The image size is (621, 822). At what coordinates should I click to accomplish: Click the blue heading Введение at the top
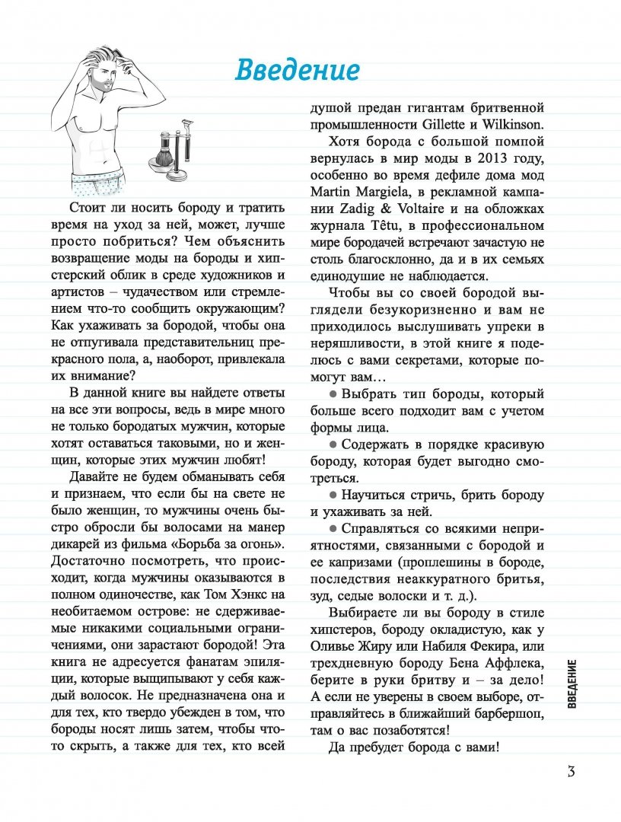(x=296, y=69)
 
